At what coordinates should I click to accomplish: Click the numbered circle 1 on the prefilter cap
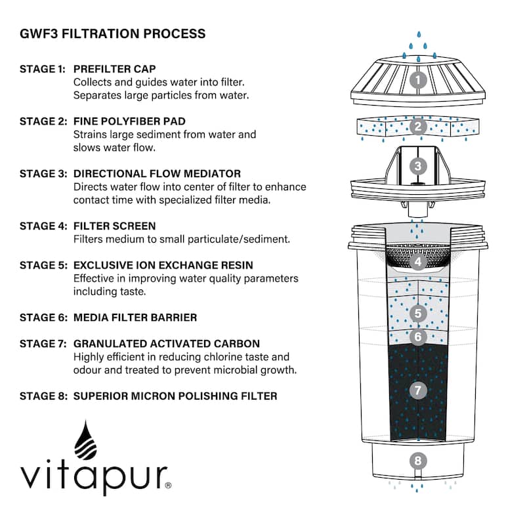[x=418, y=81]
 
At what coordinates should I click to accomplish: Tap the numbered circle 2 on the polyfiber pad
[x=418, y=127]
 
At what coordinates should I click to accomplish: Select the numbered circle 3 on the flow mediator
[x=418, y=167]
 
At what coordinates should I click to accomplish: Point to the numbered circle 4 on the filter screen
[x=418, y=261]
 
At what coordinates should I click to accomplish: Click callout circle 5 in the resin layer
[x=418, y=313]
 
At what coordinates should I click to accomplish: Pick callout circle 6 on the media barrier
[x=418, y=337]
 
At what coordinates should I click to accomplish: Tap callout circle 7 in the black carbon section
[x=418, y=390]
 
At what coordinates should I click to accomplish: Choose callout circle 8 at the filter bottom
[x=418, y=460]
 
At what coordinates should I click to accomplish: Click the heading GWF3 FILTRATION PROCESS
[x=112, y=33]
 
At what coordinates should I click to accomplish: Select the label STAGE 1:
[x=43, y=69]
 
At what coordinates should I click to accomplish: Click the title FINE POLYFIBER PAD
[x=129, y=121]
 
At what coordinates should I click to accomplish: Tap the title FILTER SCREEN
[x=115, y=226]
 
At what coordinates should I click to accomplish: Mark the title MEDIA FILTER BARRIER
[x=135, y=318]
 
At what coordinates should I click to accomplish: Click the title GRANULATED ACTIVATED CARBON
[x=167, y=344]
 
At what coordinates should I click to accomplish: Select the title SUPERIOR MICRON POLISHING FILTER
[x=175, y=396]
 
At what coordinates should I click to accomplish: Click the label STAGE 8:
[x=43, y=396]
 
